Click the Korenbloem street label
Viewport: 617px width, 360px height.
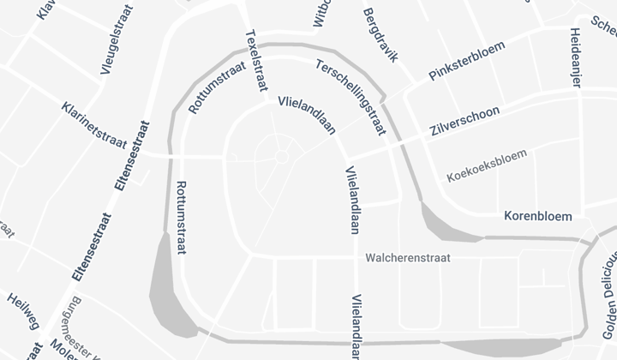(x=537, y=215)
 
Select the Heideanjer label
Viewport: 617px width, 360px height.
(x=576, y=57)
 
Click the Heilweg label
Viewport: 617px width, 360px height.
(x=23, y=312)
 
